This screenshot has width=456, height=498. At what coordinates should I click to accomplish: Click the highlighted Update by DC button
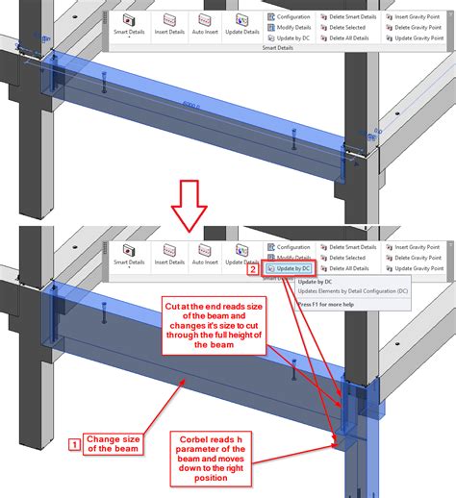point(290,271)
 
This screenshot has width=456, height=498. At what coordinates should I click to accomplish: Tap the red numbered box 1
point(73,444)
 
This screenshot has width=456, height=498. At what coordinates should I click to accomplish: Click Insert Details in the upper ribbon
point(169,26)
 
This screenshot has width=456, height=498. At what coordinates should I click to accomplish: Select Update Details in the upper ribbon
point(241,26)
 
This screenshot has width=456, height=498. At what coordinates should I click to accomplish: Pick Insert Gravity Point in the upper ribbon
point(414,16)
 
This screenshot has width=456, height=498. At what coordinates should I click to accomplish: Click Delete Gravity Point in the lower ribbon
point(414,259)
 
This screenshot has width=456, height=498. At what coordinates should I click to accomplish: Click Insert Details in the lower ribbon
point(169,255)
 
